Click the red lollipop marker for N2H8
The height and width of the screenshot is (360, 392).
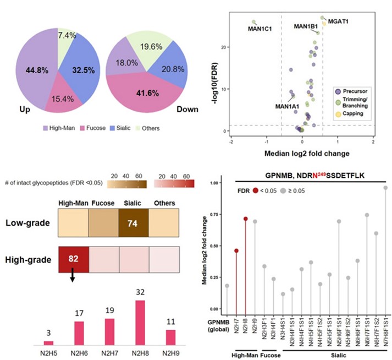pyautogui.click(x=245, y=219)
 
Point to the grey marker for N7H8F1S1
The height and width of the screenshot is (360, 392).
pyautogui.click(x=385, y=188)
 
